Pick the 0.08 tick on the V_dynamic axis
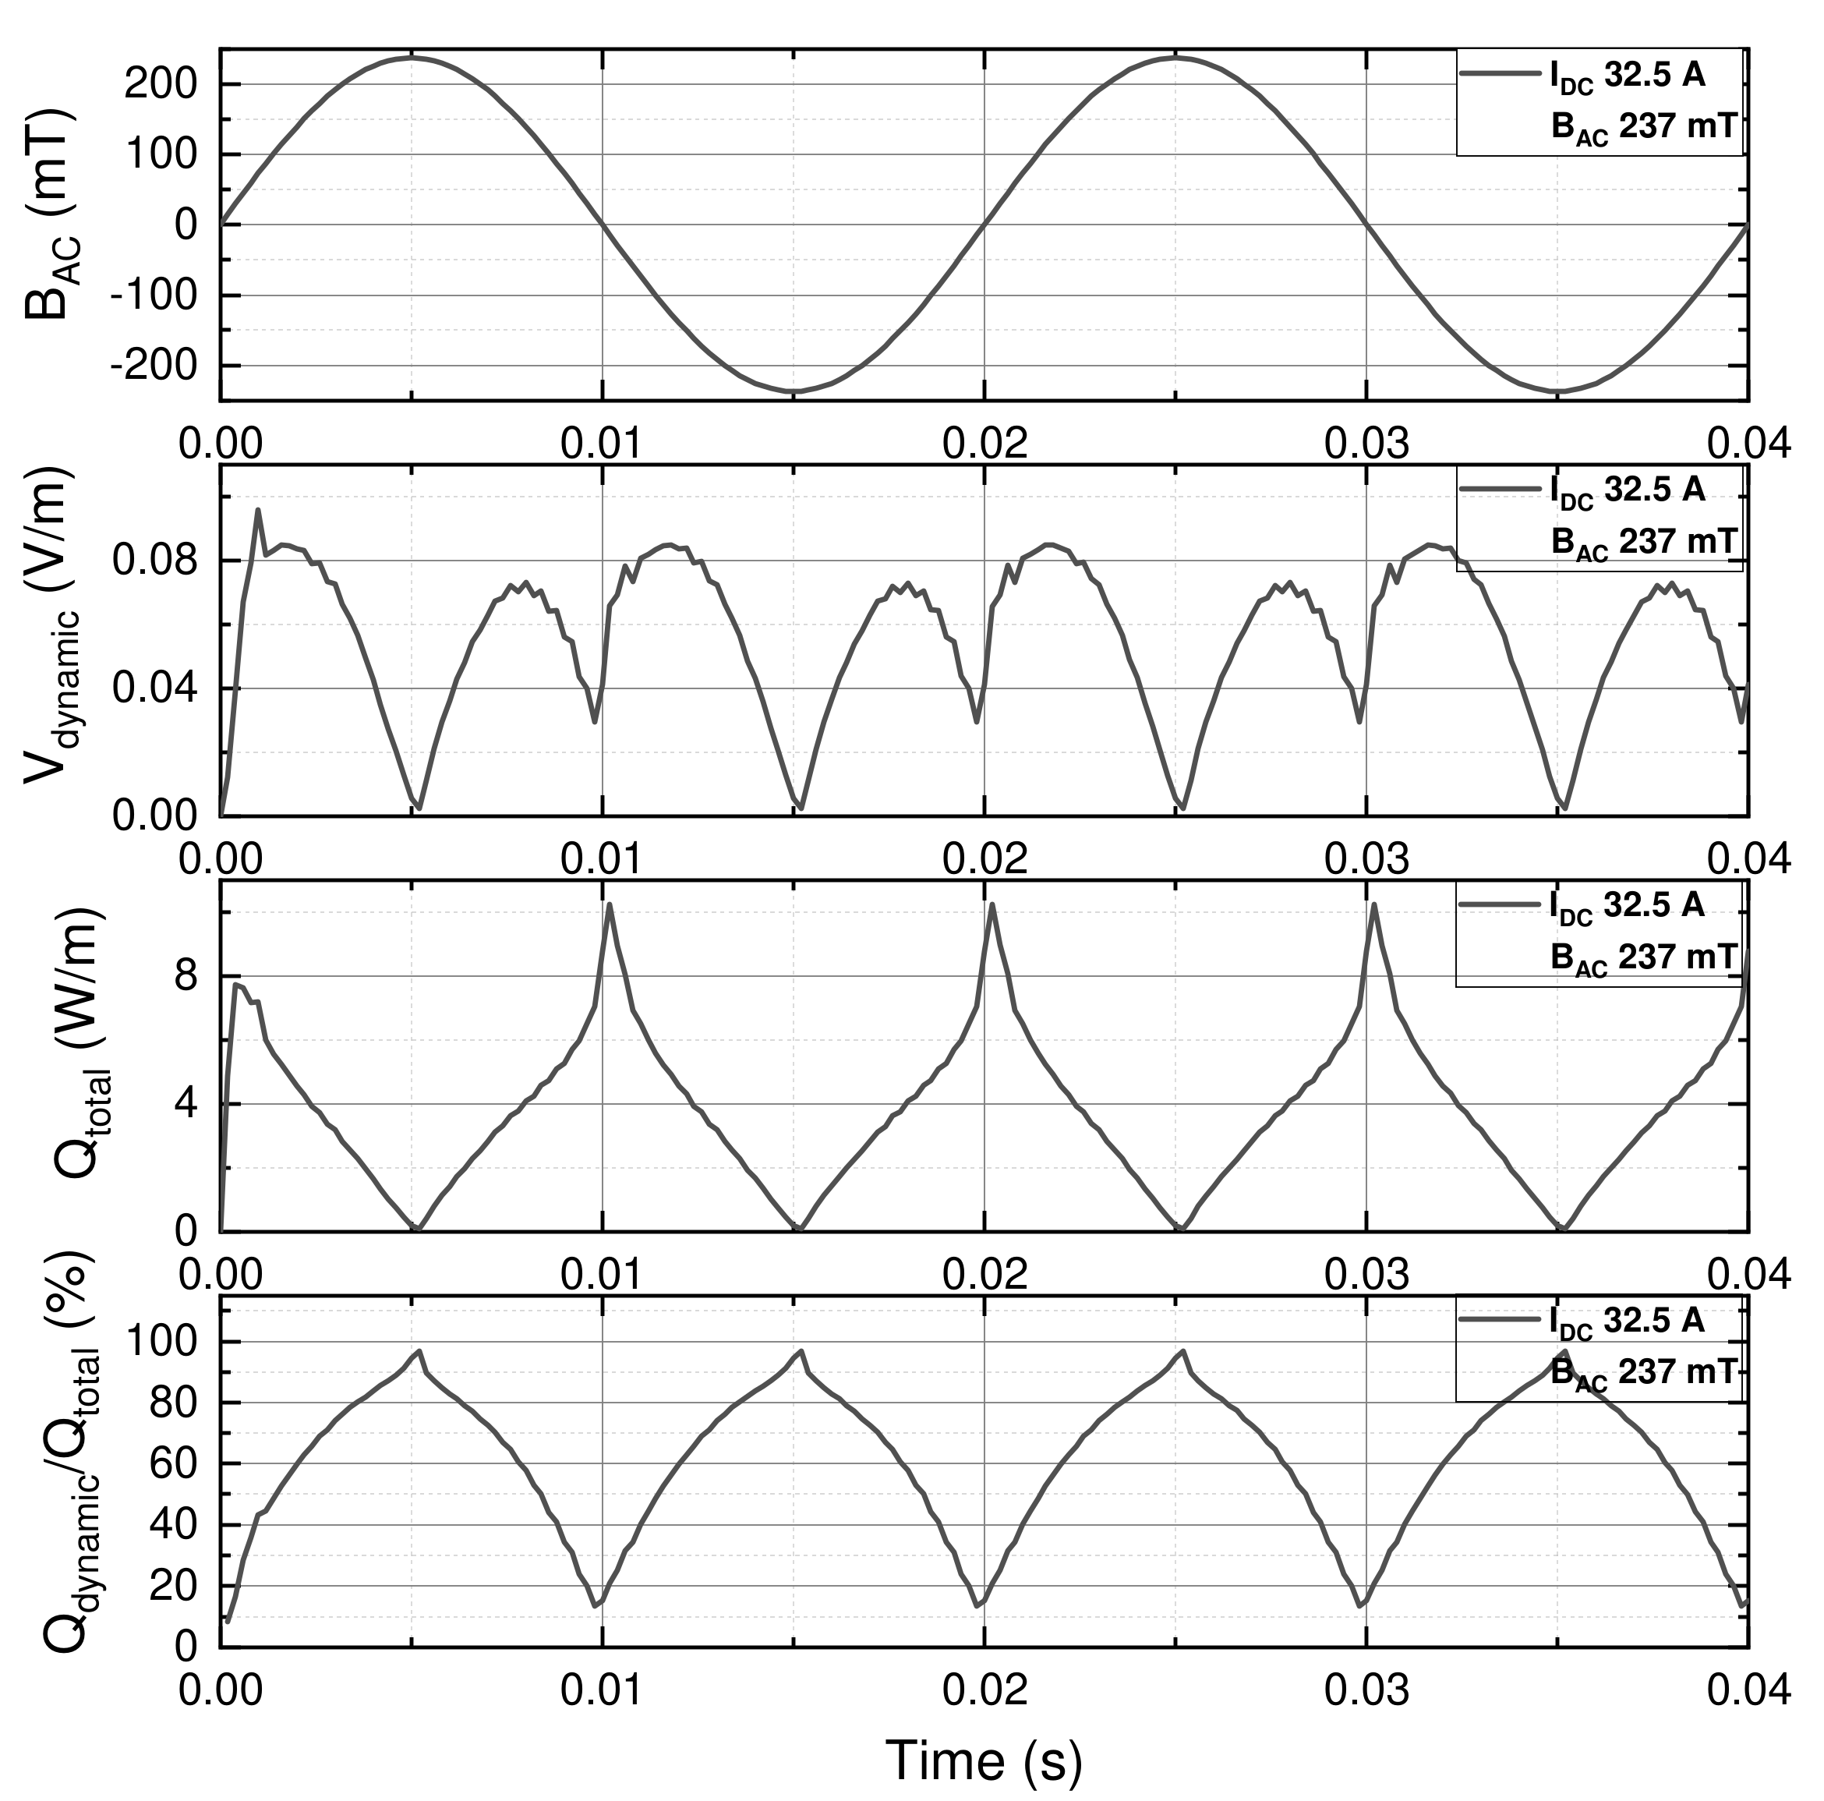click(155, 561)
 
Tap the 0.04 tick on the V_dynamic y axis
click(155, 688)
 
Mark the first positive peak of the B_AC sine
click(412, 58)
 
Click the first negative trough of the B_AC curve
click(794, 391)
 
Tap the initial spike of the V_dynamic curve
click(258, 509)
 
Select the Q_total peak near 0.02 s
click(992, 904)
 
